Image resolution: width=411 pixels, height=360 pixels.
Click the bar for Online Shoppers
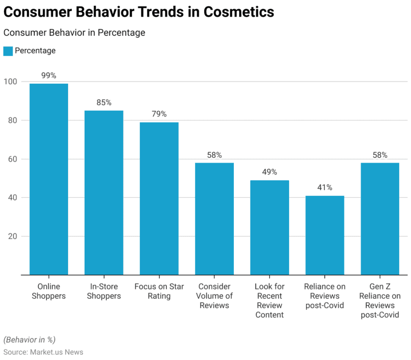pyautogui.click(x=48, y=179)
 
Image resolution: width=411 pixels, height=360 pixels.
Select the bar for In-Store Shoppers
pyautogui.click(x=104, y=192)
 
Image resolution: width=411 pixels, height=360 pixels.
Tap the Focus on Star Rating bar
pyautogui.click(x=159, y=198)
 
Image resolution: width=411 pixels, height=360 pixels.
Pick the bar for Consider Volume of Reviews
pyautogui.click(x=214, y=219)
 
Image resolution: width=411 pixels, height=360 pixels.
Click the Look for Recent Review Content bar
pyautogui.click(x=270, y=227)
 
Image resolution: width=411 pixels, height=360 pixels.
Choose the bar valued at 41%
pyautogui.click(x=325, y=235)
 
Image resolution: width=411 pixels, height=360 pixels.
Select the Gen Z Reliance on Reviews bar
pyautogui.click(x=380, y=219)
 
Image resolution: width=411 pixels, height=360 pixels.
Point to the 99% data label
pyautogui.click(x=48, y=75)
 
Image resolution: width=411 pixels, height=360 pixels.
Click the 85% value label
pyautogui.click(x=104, y=102)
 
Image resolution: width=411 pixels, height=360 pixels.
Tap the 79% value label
pyautogui.click(x=159, y=114)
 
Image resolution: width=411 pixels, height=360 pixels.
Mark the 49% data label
pyautogui.click(x=270, y=172)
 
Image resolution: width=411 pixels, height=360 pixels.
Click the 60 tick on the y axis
pyautogui.click(x=12, y=159)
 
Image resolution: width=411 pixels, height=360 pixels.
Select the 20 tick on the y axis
pyautogui.click(x=12, y=237)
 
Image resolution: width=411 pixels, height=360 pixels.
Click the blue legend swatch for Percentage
pyautogui.click(x=8, y=51)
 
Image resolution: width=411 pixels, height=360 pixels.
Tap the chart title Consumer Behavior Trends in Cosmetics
pyautogui.click(x=138, y=12)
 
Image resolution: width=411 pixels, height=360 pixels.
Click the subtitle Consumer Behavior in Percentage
pyautogui.click(x=74, y=33)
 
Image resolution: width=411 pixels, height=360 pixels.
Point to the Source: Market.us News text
pyautogui.click(x=43, y=352)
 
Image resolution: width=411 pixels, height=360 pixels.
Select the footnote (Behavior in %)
pyautogui.click(x=30, y=340)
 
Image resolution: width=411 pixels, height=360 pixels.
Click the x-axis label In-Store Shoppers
pyautogui.click(x=104, y=291)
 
